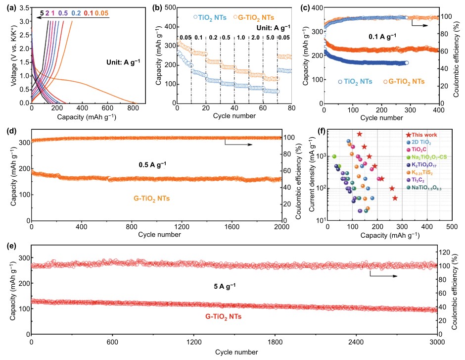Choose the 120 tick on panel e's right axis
(447, 253)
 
